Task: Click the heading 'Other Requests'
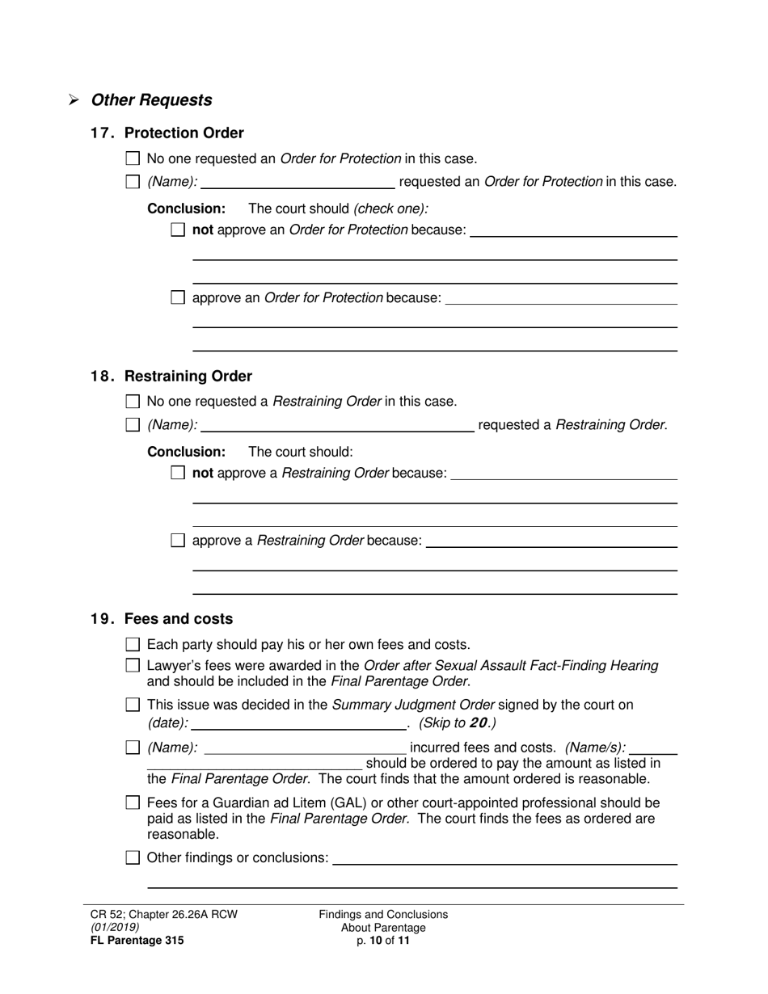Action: click(151, 100)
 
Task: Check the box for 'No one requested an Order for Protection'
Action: click(133, 159)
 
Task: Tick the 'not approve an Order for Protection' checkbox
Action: click(178, 230)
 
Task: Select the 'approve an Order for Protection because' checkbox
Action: click(178, 298)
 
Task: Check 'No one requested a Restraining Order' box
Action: click(133, 402)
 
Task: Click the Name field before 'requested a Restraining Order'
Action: click(337, 425)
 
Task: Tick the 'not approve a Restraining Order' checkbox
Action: click(178, 473)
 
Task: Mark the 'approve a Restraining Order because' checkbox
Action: click(178, 541)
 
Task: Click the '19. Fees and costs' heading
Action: click(161, 619)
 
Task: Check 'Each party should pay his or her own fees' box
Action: click(133, 645)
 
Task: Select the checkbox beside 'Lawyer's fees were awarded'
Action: click(133, 666)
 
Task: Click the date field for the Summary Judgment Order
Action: click(299, 722)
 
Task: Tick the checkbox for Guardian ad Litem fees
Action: click(133, 803)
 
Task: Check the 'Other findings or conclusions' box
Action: click(133, 858)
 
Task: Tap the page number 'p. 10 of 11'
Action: click(383, 940)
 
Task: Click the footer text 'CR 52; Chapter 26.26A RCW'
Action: click(164, 915)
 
